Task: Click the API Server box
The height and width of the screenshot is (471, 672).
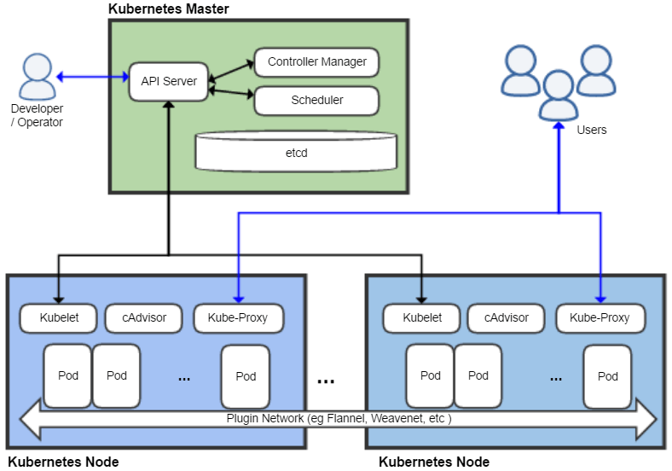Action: tap(169, 82)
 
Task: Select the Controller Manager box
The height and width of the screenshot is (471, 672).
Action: tap(316, 62)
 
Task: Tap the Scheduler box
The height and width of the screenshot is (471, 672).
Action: tap(316, 101)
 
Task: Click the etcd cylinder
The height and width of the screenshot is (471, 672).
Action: tap(296, 151)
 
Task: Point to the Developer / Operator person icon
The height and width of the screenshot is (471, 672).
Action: tap(38, 76)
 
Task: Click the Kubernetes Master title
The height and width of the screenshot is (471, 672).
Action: tap(169, 9)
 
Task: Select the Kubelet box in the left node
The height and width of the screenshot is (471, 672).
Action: tap(58, 318)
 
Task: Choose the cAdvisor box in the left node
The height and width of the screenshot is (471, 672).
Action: tap(143, 318)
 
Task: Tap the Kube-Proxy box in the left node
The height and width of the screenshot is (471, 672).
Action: tap(238, 318)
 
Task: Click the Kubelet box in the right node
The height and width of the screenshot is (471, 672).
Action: tap(421, 318)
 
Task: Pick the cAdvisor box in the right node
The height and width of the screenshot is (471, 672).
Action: tap(507, 318)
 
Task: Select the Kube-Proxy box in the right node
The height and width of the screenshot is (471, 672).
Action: tap(600, 318)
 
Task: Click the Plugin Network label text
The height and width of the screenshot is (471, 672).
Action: tap(339, 418)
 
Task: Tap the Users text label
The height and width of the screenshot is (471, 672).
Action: tap(592, 130)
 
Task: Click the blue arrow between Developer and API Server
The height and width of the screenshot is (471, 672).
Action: tap(93, 77)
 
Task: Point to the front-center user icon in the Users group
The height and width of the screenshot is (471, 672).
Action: tap(559, 96)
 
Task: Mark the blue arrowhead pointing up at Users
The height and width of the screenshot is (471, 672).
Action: tap(559, 125)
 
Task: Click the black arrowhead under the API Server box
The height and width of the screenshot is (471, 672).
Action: tap(169, 106)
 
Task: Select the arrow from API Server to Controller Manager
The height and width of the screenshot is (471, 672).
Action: tap(231, 71)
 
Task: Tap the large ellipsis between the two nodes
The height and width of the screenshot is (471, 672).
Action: tap(326, 381)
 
